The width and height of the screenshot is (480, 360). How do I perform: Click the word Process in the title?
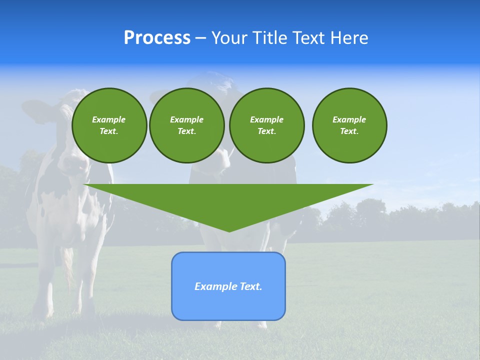point(157,38)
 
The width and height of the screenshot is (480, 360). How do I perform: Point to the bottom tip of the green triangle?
point(229,231)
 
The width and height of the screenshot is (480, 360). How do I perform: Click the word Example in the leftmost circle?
point(109,119)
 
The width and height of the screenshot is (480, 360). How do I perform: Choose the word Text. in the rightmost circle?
point(349,131)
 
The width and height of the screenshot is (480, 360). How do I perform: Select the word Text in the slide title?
point(307,38)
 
